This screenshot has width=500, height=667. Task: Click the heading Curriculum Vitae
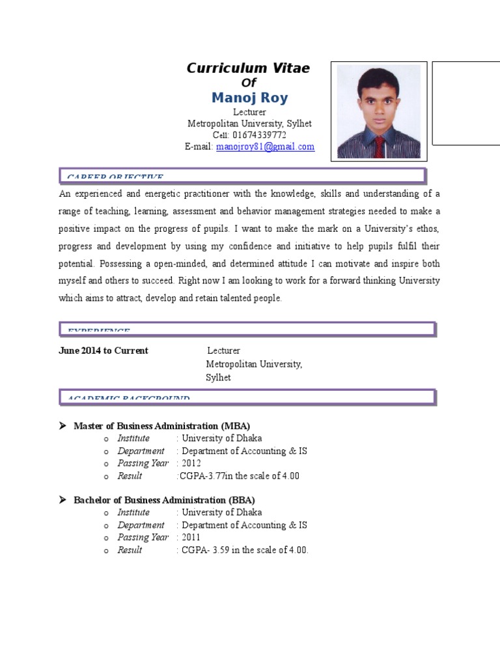coord(248,68)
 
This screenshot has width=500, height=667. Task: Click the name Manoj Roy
coord(249,98)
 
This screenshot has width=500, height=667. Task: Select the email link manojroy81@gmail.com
coord(265,147)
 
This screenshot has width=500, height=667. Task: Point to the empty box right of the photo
coord(466,102)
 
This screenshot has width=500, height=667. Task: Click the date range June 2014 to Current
coord(104,351)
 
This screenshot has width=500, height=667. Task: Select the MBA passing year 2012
coord(191,463)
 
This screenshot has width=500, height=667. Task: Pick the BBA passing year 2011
coord(191,537)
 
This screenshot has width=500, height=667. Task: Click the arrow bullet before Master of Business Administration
coord(63,426)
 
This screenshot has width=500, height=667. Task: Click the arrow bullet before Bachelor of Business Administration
coord(63,500)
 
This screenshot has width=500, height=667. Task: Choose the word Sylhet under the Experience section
coord(219,378)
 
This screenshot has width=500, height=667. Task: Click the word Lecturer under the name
coord(249,113)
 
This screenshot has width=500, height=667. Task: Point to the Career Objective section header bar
coord(242,176)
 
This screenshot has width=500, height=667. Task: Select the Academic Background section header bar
coord(247,397)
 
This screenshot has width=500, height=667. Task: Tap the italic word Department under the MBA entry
coord(141,451)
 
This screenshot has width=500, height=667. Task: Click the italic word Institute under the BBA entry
coord(133,513)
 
